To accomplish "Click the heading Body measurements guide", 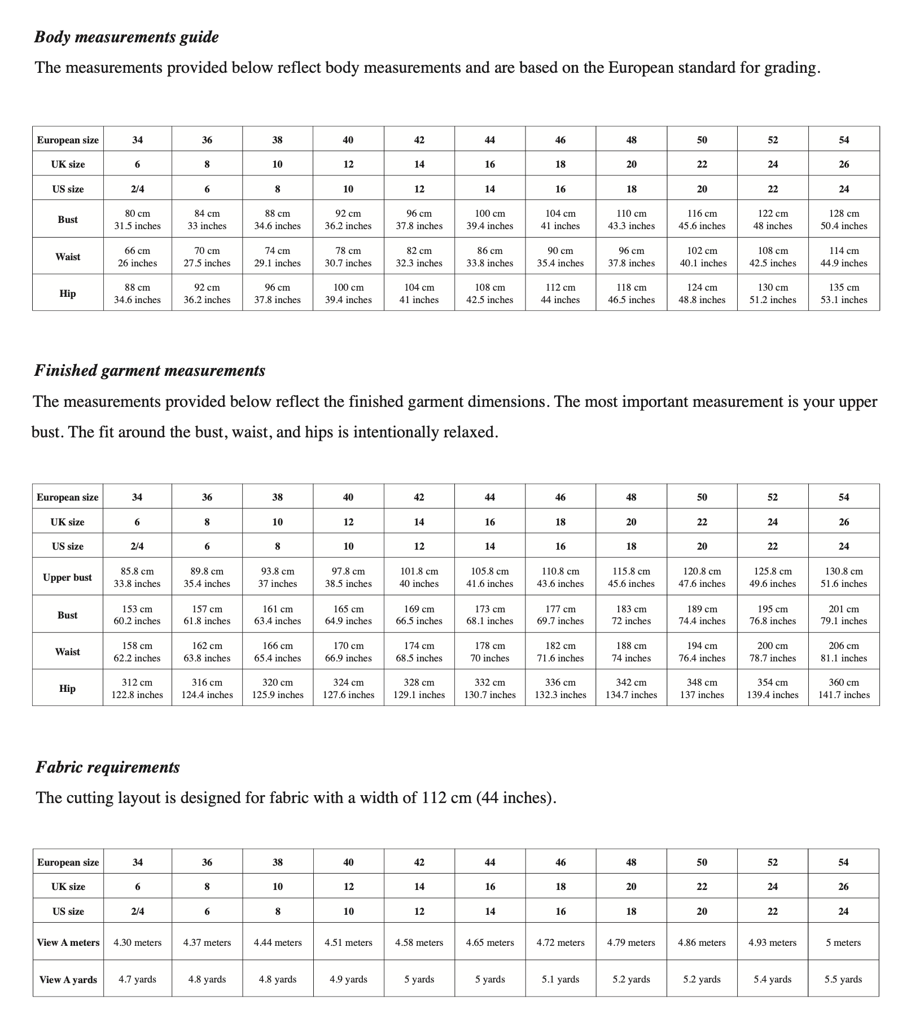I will (x=126, y=37).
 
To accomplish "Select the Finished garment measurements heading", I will (x=150, y=371).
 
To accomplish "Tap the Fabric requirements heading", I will (x=108, y=768).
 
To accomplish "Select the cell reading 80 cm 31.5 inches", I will (x=137, y=220).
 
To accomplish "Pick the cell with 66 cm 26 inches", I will (x=137, y=257).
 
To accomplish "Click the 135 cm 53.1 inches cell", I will (x=844, y=293).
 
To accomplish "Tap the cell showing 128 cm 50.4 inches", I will (x=844, y=220).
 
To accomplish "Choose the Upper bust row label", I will (x=67, y=577).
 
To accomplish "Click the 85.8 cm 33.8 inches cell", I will (x=137, y=577).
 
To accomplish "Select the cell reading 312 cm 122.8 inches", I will (x=137, y=688).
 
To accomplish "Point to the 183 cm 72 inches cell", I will (x=631, y=615).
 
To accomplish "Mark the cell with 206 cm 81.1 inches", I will (x=844, y=652).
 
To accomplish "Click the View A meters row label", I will (x=68, y=942).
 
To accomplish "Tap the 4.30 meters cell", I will (x=137, y=942).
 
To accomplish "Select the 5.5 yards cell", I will (x=843, y=979).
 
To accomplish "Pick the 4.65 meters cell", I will (x=490, y=942).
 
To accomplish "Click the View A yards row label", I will (x=68, y=980).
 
